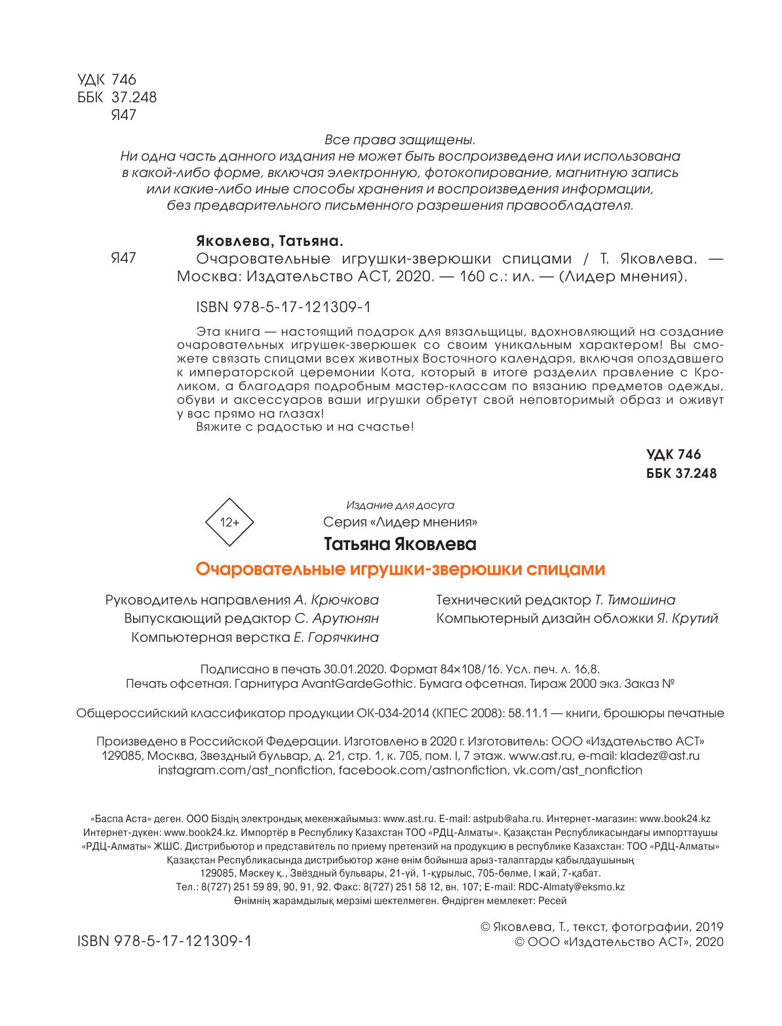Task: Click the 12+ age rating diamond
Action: pyautogui.click(x=229, y=523)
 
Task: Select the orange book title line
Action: pyautogui.click(x=400, y=569)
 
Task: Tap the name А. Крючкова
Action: pyautogui.click(x=336, y=600)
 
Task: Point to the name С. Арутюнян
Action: pyautogui.click(x=337, y=618)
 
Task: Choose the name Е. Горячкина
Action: pyautogui.click(x=336, y=637)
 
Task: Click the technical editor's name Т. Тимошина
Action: pyautogui.click(x=635, y=600)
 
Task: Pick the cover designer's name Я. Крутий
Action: pyautogui.click(x=688, y=618)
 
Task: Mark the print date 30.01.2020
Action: pyautogui.click(x=354, y=669)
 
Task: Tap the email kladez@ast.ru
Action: pyautogui.click(x=660, y=756)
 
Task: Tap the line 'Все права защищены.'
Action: pyautogui.click(x=400, y=140)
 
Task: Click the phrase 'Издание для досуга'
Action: pyautogui.click(x=400, y=505)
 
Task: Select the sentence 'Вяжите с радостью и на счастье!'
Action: pyautogui.click(x=305, y=427)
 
